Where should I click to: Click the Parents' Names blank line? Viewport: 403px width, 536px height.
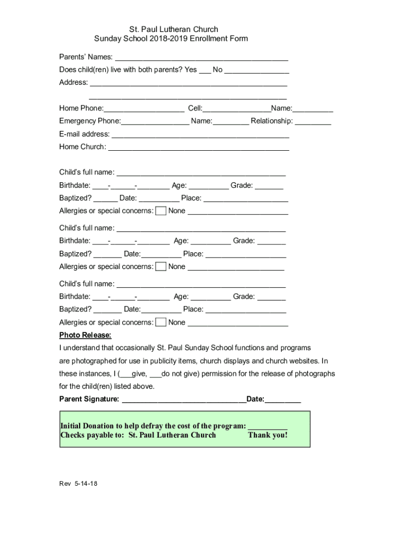(x=201, y=58)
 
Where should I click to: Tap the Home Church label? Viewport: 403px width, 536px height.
(x=82, y=147)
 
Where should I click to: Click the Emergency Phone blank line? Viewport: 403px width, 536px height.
(x=155, y=122)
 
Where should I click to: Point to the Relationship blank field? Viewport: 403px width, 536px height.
(x=313, y=122)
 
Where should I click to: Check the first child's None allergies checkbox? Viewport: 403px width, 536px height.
(x=161, y=211)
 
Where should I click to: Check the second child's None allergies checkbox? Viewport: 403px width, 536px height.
(x=161, y=266)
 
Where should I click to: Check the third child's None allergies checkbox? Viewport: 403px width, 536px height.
(x=161, y=322)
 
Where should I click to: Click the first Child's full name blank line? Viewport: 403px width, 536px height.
(x=201, y=173)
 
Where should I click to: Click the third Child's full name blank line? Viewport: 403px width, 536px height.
(x=201, y=285)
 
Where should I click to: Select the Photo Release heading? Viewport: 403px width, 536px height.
(x=85, y=335)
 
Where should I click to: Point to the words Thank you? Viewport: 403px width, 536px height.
(x=267, y=435)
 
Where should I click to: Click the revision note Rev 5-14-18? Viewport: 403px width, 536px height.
(x=78, y=484)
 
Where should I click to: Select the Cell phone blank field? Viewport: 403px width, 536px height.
(x=236, y=109)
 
